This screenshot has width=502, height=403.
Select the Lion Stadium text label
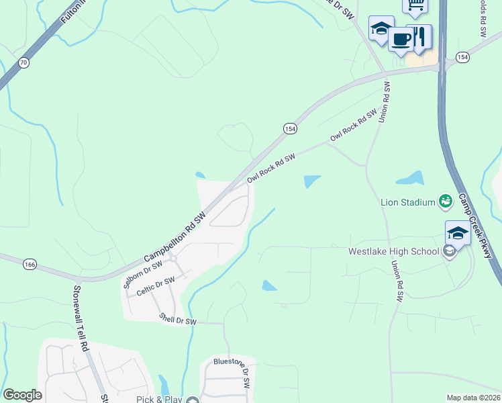coord(408,201)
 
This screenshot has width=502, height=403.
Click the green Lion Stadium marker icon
coord(445,200)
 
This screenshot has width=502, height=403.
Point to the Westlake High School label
coord(393,252)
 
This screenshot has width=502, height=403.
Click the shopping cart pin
coord(415,5)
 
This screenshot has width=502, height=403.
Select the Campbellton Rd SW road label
coord(175,238)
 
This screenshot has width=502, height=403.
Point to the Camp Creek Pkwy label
coord(475,226)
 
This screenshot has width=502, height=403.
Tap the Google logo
coord(22,395)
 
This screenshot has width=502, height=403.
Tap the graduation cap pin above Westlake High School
coord(458,232)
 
